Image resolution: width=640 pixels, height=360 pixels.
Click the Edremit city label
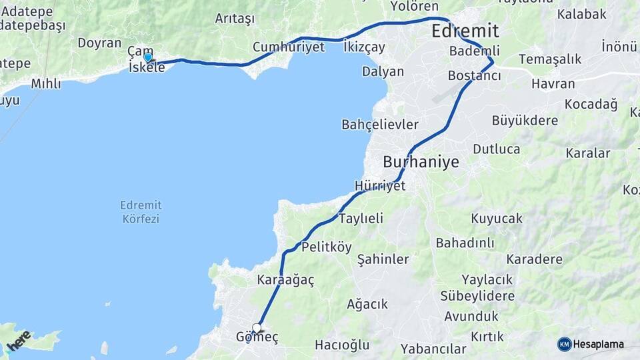[x=465, y=31]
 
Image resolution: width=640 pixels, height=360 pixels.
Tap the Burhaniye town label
[x=421, y=162]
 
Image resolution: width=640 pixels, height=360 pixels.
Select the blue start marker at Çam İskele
[x=148, y=58]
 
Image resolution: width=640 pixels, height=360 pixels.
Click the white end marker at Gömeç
[x=257, y=329]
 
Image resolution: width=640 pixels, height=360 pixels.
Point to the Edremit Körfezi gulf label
[x=141, y=211]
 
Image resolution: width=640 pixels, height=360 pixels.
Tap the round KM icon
[x=565, y=344]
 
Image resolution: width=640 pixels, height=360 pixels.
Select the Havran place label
[x=553, y=84]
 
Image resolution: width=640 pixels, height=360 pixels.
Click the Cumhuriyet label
[x=289, y=47]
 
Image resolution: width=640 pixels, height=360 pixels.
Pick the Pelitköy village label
[x=327, y=247]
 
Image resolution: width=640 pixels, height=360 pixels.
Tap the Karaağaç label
[x=285, y=280]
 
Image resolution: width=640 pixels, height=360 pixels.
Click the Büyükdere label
[x=525, y=121]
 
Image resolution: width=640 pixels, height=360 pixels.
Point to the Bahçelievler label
[x=380, y=125]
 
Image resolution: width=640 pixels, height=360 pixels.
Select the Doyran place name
[x=99, y=43]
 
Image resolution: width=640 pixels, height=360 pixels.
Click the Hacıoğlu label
[x=342, y=345]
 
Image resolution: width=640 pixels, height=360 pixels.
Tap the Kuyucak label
[x=497, y=218]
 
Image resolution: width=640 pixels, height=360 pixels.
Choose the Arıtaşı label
[x=235, y=19]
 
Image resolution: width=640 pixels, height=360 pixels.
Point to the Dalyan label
[x=383, y=71]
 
